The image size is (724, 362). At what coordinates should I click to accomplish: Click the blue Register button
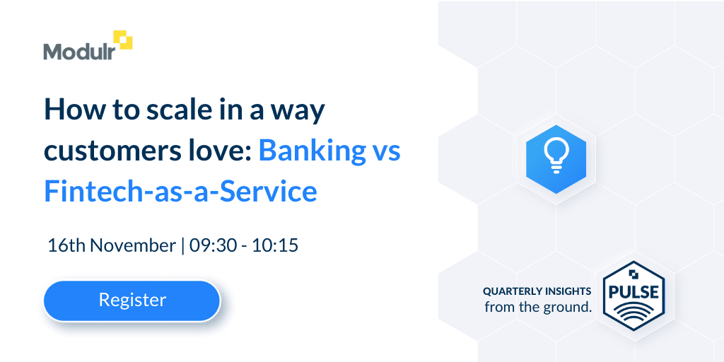tap(132, 300)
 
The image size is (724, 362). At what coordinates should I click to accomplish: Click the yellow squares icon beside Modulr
tap(123, 40)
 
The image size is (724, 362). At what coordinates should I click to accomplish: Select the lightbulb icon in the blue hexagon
tap(556, 156)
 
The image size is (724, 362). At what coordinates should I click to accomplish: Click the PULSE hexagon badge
tap(634, 296)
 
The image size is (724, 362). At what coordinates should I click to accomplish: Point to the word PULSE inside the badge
tap(633, 292)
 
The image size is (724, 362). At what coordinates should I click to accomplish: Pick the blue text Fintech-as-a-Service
tap(180, 192)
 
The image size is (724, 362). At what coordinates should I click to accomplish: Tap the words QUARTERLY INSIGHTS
tap(537, 291)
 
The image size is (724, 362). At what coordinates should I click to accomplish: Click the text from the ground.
tap(538, 306)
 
